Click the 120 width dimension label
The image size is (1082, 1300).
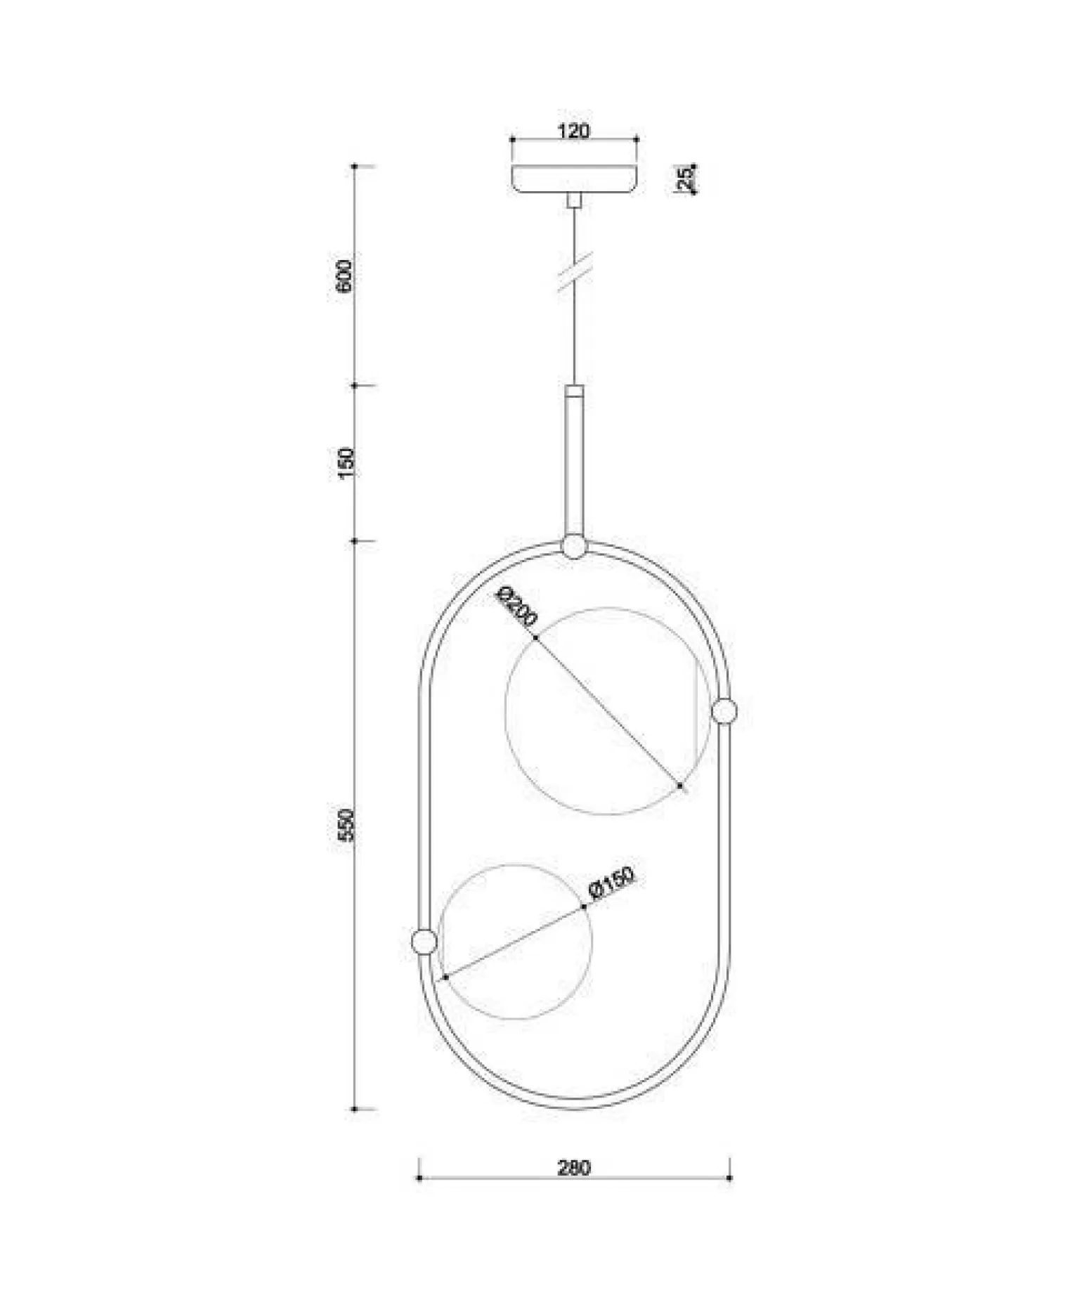point(574,131)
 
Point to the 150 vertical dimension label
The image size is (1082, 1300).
point(346,463)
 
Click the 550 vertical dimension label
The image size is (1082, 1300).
point(346,825)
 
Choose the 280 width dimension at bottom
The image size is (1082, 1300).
point(574,1168)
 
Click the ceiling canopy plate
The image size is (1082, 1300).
point(575,179)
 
